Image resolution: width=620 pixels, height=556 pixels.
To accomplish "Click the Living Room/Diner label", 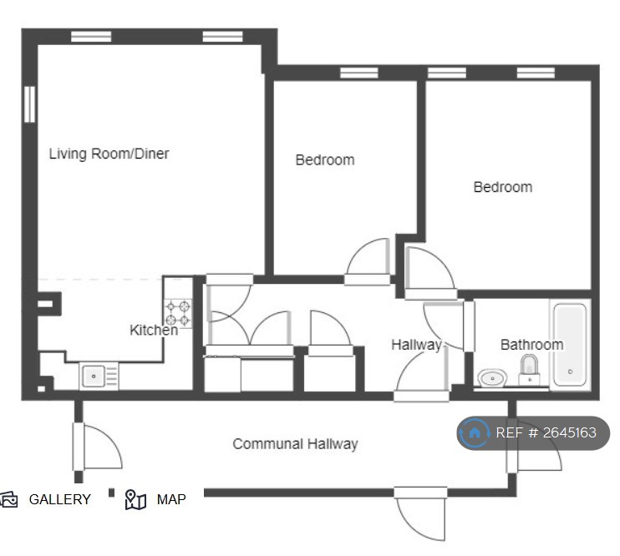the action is point(109,154).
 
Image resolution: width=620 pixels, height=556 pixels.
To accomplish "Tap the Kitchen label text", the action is point(154,330).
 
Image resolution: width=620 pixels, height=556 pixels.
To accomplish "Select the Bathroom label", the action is point(531,345).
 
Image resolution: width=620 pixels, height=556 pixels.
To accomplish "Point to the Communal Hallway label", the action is point(295,444).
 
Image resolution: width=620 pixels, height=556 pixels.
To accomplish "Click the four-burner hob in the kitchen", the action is point(178,313).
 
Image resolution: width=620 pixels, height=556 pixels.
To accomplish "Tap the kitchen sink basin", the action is point(94,376).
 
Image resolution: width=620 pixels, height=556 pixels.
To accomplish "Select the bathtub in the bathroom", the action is point(570,345).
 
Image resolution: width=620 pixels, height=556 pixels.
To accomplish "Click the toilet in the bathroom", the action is point(530,370).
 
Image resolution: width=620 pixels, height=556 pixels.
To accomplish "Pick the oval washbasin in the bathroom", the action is point(492,378).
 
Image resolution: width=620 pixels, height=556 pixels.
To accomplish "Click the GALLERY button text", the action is point(59,499).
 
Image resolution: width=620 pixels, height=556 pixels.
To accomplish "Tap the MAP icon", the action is point(135,499).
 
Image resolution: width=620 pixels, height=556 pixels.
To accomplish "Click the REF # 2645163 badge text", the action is point(546,432).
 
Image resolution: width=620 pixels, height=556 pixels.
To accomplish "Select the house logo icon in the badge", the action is point(475,432).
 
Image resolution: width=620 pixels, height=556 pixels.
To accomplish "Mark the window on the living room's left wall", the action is point(29,104).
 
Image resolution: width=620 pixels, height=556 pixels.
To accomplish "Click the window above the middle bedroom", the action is point(359,73).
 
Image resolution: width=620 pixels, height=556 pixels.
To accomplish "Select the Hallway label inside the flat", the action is point(416,345).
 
